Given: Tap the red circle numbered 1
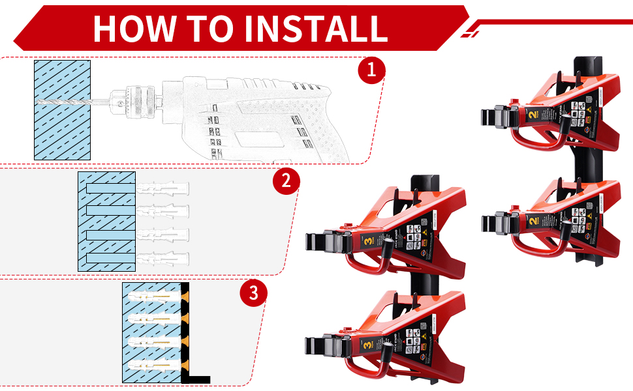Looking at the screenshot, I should coord(372,70).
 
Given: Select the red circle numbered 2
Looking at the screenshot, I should coord(286,181).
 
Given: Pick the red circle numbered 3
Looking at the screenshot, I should coord(254,293).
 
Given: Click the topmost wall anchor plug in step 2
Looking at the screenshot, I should coord(163,188).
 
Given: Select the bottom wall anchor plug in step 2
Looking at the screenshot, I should coord(163,258).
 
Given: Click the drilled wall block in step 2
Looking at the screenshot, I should coord(106,222).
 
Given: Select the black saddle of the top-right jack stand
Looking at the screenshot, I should coord(496,117).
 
